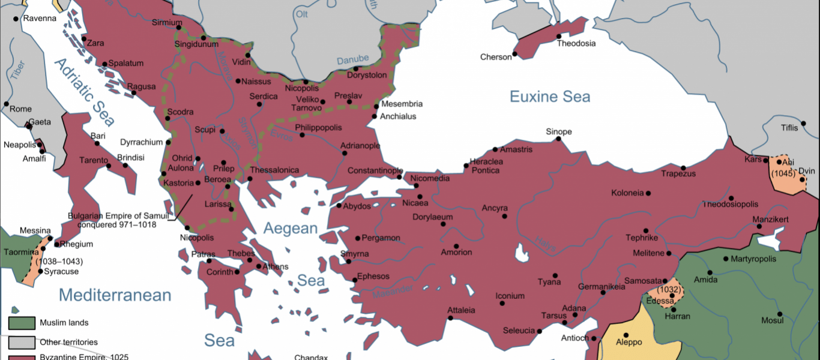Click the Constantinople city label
(375, 170)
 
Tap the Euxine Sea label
(550, 97)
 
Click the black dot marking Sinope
(558, 139)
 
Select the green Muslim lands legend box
(20, 323)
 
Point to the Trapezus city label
(678, 174)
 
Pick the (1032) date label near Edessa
(669, 289)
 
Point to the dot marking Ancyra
(504, 216)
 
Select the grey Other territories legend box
(20, 342)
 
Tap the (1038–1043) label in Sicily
(59, 262)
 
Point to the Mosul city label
(773, 320)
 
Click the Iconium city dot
(502, 303)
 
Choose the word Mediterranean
(115, 295)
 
